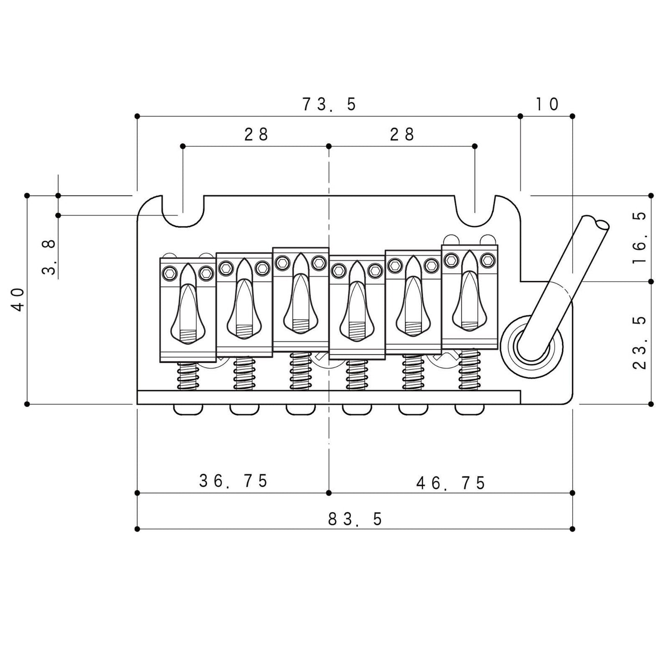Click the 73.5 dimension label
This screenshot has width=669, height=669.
(329, 105)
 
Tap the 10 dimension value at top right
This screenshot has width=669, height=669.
(547, 105)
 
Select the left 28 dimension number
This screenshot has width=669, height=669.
(256, 134)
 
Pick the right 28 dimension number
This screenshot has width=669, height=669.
(402, 134)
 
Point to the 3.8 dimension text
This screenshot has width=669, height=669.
(49, 257)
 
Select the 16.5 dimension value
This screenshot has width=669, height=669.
(639, 238)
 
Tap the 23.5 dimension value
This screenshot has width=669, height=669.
(639, 343)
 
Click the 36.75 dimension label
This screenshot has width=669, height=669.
(233, 481)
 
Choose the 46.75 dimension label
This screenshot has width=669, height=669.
(450, 483)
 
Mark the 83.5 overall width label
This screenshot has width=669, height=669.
(355, 519)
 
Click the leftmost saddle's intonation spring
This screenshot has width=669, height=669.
(188, 376)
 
